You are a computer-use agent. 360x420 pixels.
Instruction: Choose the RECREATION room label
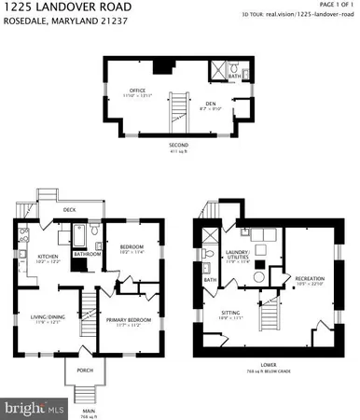click(309, 278)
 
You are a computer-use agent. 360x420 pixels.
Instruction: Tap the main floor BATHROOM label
click(88, 253)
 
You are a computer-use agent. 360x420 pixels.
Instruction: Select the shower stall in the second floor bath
click(221, 70)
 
